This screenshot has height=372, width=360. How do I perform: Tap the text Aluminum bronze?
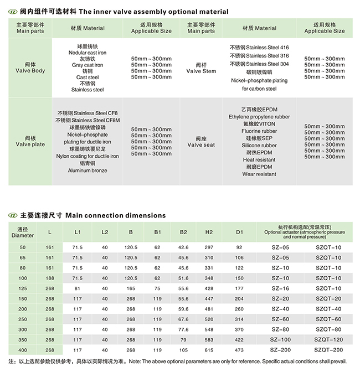88,170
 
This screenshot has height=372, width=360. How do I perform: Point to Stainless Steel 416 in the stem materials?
259,48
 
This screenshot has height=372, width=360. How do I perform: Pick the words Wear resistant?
259,174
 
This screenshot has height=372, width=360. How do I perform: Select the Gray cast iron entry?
88,65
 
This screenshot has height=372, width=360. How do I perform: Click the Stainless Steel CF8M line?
88,120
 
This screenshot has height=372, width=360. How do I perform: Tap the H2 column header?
209,232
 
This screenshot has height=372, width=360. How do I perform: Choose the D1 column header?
239,232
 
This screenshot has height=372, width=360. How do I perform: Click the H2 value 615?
209,350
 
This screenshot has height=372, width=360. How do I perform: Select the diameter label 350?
22,339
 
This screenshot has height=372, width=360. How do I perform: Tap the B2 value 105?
183,350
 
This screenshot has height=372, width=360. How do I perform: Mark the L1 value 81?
78,288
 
